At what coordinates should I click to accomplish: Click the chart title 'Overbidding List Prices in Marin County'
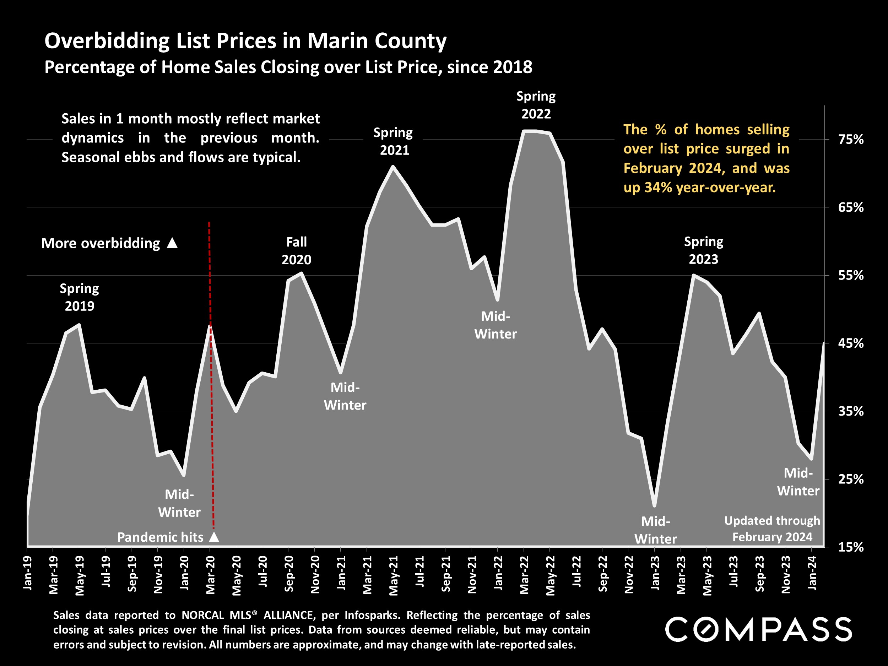pyautogui.click(x=245, y=41)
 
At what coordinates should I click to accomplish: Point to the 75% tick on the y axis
pyautogui.click(x=851, y=139)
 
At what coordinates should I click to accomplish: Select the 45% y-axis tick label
pyautogui.click(x=851, y=343)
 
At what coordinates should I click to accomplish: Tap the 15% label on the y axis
pyautogui.click(x=851, y=547)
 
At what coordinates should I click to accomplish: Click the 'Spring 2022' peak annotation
pyautogui.click(x=536, y=105)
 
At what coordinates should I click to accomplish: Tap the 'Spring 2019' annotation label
pyautogui.click(x=80, y=297)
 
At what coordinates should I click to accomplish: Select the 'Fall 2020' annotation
pyautogui.click(x=296, y=251)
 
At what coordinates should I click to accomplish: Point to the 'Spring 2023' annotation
pyautogui.click(x=703, y=250)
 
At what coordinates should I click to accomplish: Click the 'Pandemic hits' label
pyautogui.click(x=160, y=537)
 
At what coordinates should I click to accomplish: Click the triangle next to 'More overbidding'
pyautogui.click(x=172, y=243)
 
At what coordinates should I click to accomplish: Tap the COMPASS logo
pyautogui.click(x=758, y=629)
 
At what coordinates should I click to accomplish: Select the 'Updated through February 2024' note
pyautogui.click(x=772, y=529)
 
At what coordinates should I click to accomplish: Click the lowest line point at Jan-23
pyautogui.click(x=654, y=506)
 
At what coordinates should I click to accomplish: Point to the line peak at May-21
pyautogui.click(x=393, y=167)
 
